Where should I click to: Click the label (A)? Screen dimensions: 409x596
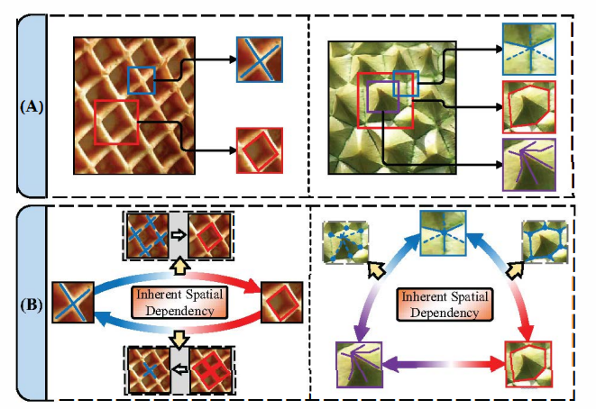point(32,105)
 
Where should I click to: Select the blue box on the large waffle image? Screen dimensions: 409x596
point(142,80)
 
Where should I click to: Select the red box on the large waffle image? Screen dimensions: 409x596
point(116,123)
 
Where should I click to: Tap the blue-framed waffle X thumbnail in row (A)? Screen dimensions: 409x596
point(260,59)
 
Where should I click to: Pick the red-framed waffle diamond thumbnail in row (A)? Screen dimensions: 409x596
point(259,150)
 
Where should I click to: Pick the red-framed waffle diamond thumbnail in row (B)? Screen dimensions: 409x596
point(280,302)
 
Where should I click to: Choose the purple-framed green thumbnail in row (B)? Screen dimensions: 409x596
point(358,364)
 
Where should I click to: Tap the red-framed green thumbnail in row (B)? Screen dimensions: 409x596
point(527,364)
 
